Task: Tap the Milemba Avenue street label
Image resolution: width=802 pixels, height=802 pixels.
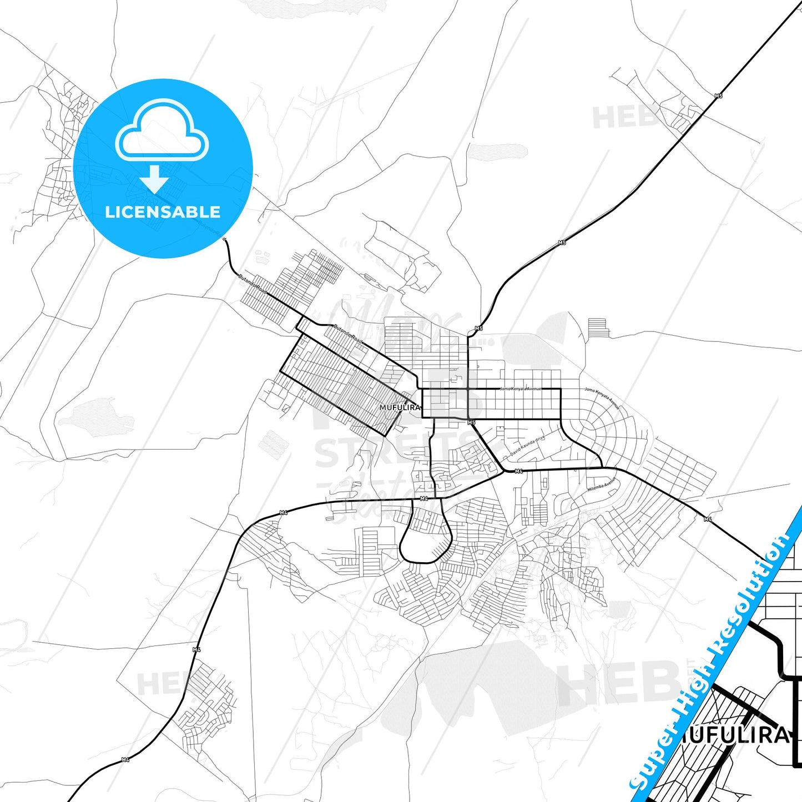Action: coord(602,485)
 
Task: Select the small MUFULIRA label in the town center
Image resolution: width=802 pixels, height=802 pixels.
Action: coord(400,407)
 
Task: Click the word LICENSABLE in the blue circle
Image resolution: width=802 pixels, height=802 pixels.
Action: coord(163,211)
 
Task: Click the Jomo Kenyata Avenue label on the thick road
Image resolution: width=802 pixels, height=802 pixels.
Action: coord(520,389)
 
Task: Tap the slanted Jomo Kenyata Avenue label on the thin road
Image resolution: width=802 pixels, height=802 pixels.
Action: coord(602,398)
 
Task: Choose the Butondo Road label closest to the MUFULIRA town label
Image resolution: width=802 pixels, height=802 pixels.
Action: coord(347,333)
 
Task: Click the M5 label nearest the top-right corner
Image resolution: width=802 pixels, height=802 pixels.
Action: coord(719,96)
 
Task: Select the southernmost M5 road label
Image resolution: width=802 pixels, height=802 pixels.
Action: coord(471,423)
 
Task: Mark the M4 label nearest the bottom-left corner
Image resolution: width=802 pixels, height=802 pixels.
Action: coord(125,760)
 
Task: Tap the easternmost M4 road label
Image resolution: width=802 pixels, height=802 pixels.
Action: coord(708,519)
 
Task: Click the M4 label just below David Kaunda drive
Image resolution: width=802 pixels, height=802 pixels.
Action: coord(518,471)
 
